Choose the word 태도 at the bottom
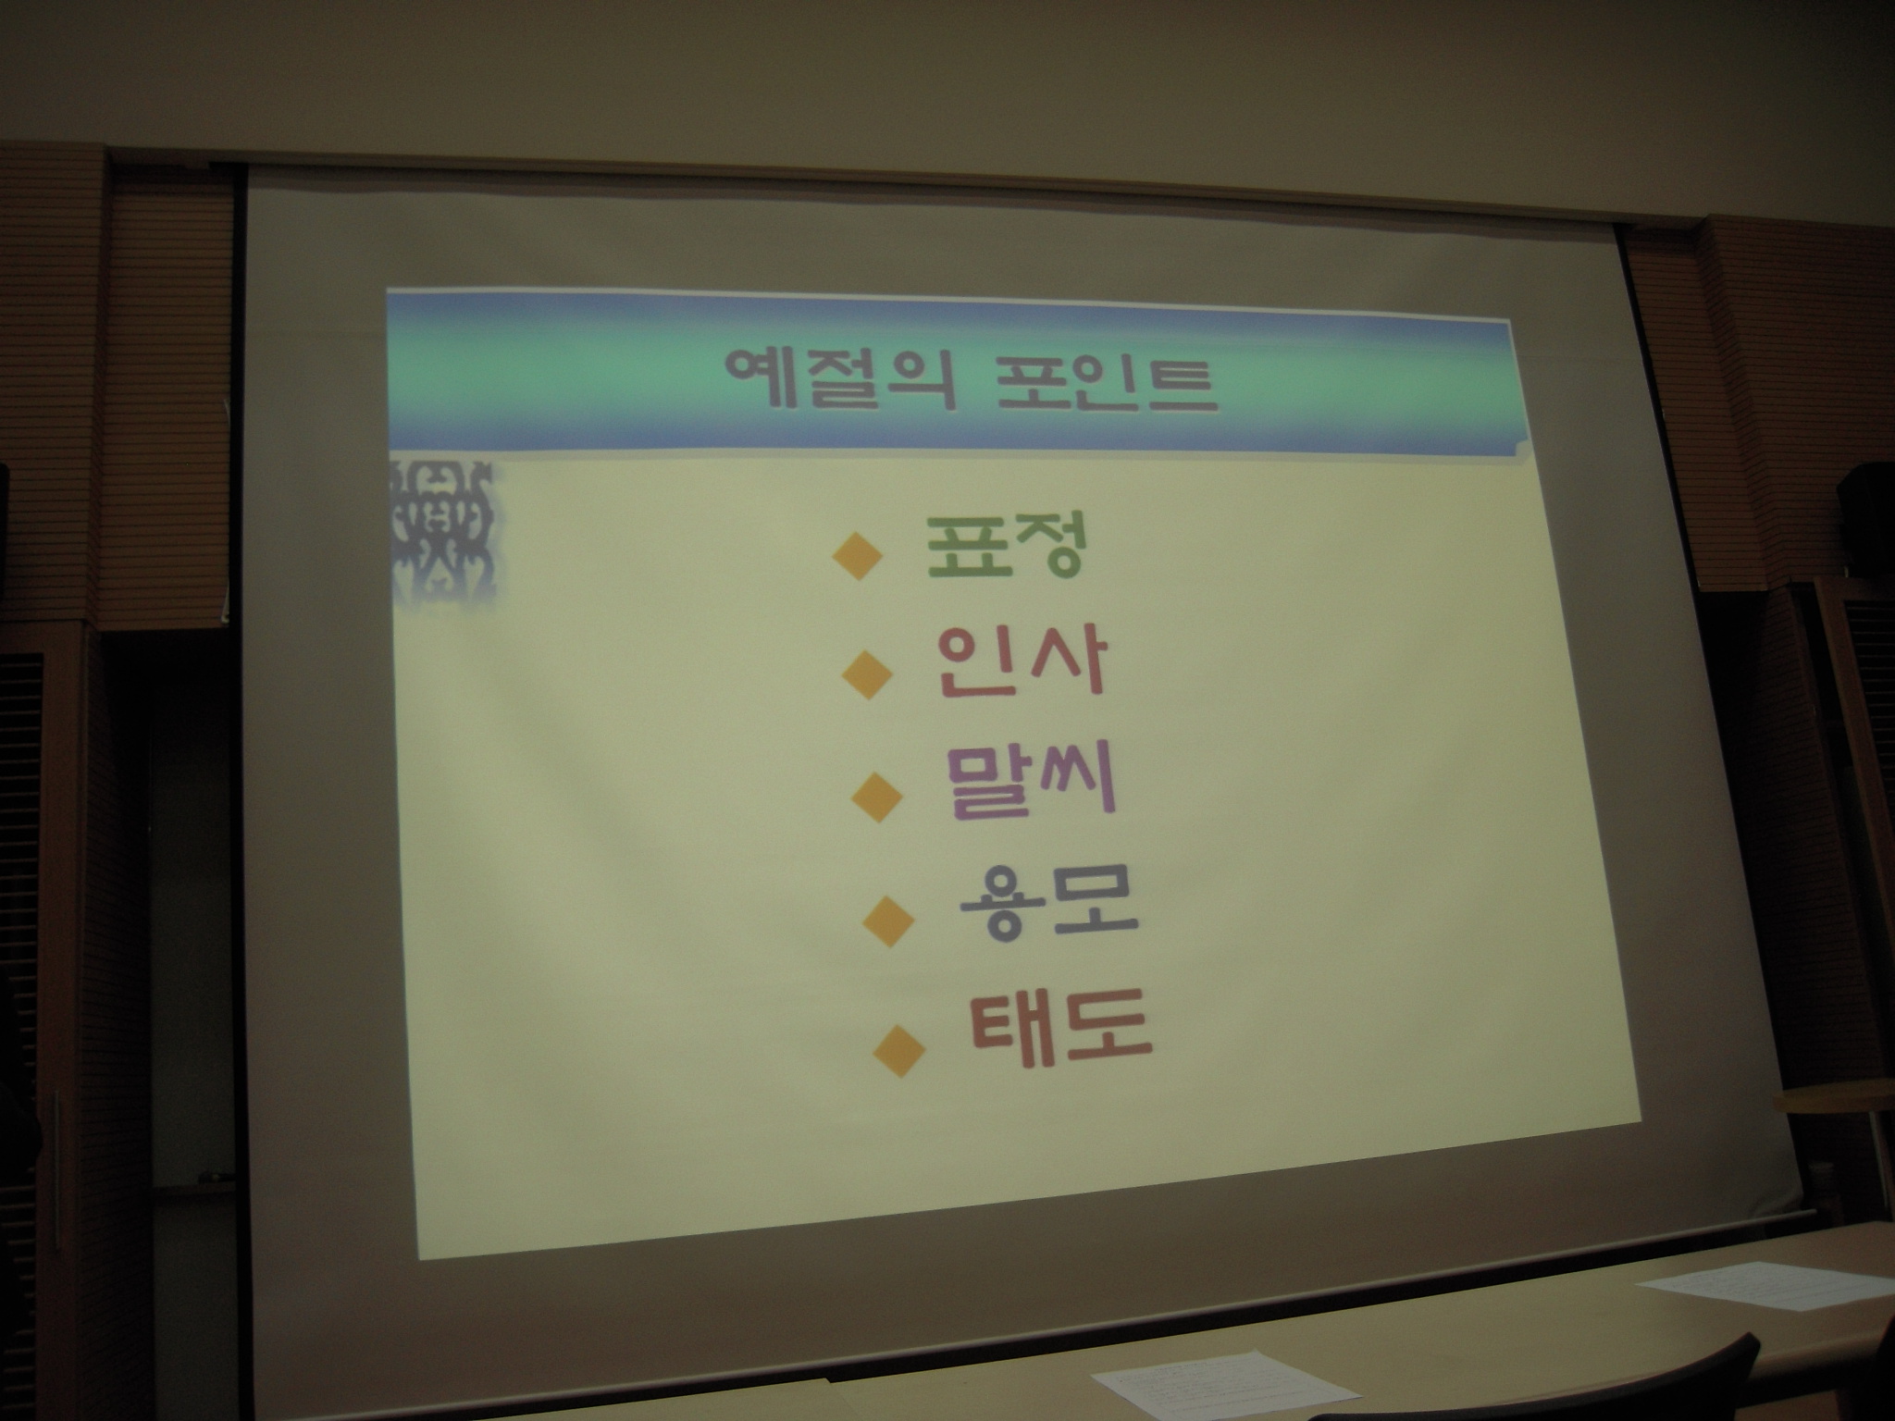[x=1060, y=1030]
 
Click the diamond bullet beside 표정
[x=856, y=555]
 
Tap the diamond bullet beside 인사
[x=867, y=673]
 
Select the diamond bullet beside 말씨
[x=877, y=795]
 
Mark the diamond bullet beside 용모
[x=888, y=919]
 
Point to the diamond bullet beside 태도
[x=900, y=1048]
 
